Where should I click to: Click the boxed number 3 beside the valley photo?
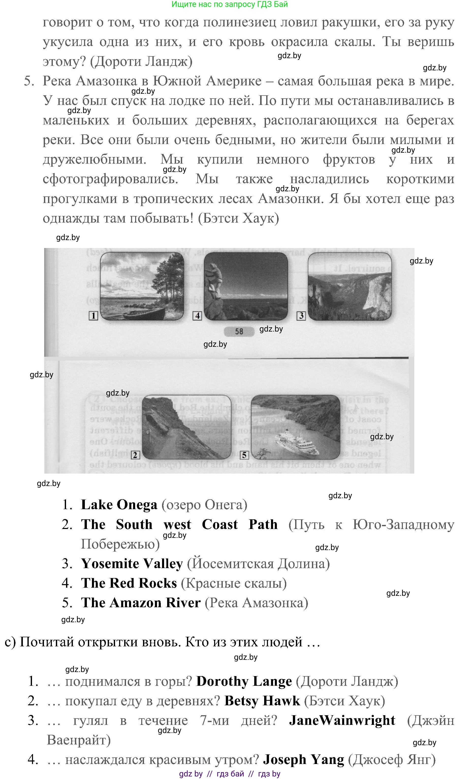301,316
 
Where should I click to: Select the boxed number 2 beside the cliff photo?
135,455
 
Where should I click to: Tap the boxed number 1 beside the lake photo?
93,316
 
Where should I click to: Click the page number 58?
239,331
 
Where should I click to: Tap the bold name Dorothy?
222,681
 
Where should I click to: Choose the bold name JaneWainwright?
342,720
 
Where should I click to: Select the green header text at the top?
230,4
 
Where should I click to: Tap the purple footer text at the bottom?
230,774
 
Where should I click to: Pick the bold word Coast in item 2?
220,524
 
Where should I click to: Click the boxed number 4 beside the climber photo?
197,316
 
